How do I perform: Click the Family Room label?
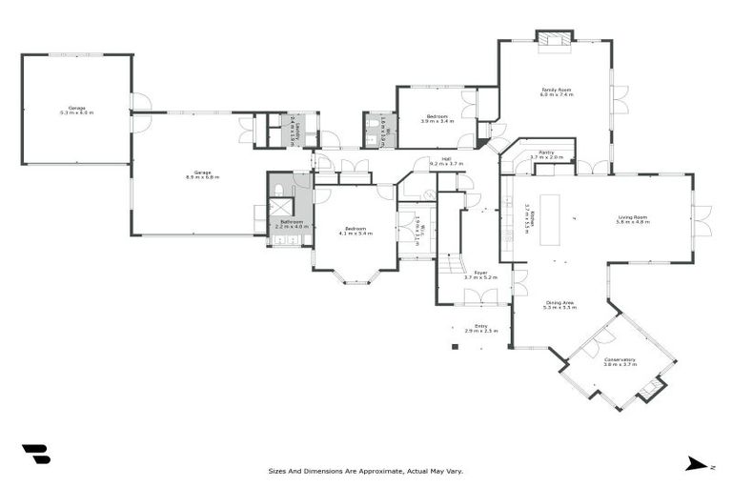(x=556, y=90)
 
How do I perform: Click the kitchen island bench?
(x=552, y=219)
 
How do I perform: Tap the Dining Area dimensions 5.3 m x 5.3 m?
(x=559, y=308)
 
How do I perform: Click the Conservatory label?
(x=619, y=359)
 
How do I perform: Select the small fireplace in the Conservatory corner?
(x=651, y=388)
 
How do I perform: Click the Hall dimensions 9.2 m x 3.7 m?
(x=446, y=165)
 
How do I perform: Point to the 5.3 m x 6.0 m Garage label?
(x=76, y=109)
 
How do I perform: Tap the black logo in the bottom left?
(x=35, y=455)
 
